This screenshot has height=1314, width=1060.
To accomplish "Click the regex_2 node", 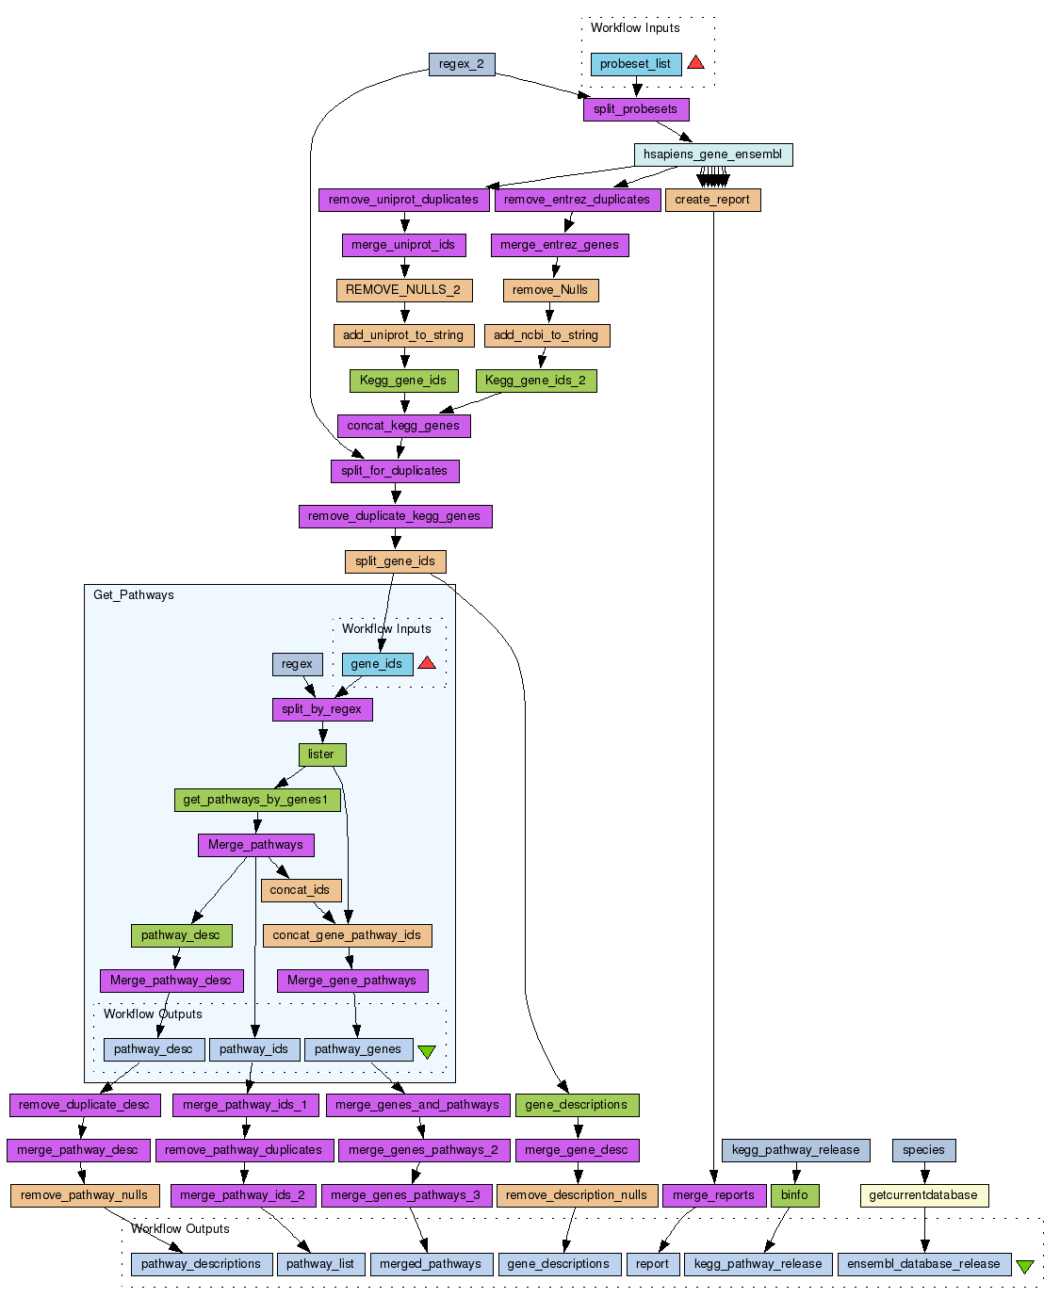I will pyautogui.click(x=461, y=64).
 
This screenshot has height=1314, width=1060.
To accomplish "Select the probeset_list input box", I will pyautogui.click(x=636, y=64).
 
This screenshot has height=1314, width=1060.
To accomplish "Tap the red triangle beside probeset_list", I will pyautogui.click(x=695, y=62).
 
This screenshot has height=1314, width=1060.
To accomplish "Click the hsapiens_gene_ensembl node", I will pyautogui.click(x=712, y=154).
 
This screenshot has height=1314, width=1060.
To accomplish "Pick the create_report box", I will pyautogui.click(x=712, y=200).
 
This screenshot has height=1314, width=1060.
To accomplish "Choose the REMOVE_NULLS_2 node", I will pyautogui.click(x=403, y=290).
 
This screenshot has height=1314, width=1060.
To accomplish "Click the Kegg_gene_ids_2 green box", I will pyautogui.click(x=535, y=381).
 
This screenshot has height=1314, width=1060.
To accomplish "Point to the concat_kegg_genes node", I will pyautogui.click(x=403, y=426).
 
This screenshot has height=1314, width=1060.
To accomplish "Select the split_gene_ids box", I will pyautogui.click(x=395, y=561).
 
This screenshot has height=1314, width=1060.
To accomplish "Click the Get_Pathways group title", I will pyautogui.click(x=134, y=595).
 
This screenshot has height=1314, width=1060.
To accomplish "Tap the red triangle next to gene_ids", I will pyautogui.click(x=427, y=663).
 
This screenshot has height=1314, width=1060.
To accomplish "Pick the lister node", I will pyautogui.click(x=321, y=754).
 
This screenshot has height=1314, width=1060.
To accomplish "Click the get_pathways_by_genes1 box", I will pyautogui.click(x=255, y=800).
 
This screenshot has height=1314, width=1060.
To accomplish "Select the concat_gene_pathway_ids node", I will pyautogui.click(x=347, y=935).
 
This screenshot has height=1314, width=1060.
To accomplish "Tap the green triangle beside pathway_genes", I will pyautogui.click(x=427, y=1051).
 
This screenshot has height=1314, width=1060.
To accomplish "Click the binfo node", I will pyautogui.click(x=794, y=1195).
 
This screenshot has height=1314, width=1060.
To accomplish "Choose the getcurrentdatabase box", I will pyautogui.click(x=923, y=1195).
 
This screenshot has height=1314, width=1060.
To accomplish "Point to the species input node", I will pyautogui.click(x=923, y=1150).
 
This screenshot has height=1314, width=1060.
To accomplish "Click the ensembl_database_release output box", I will pyautogui.click(x=923, y=1264).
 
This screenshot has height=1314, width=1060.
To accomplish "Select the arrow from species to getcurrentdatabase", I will pyautogui.click(x=924, y=1173).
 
